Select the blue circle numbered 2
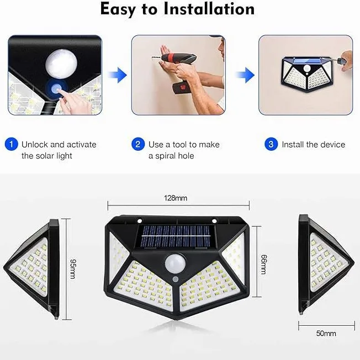coord(138,145)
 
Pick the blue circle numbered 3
coord(271,145)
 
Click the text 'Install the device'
coord(313,145)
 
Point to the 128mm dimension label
coord(174,197)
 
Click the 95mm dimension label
coord(72,268)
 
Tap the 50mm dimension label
coord(326,334)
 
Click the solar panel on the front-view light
coord(174,237)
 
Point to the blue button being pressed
coord(56,88)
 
